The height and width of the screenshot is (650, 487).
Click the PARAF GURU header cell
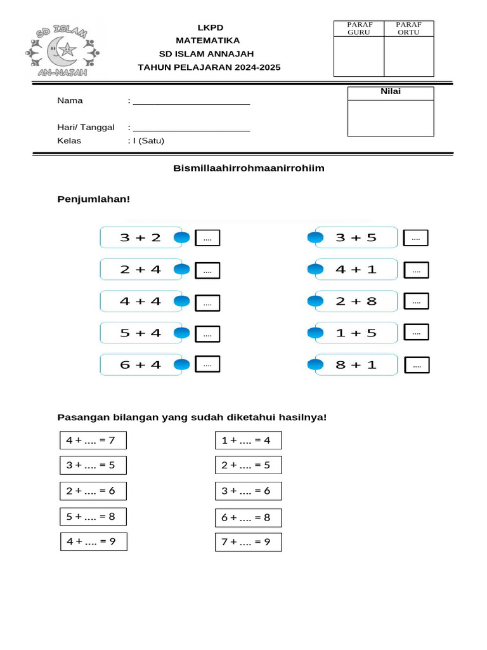[360, 29]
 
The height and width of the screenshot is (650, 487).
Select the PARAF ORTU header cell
[409, 29]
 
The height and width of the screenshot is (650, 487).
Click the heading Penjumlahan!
[93, 199]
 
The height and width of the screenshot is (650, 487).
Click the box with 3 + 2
[141, 237]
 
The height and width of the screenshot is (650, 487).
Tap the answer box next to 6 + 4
[207, 364]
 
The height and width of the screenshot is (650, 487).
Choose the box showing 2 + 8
[356, 301]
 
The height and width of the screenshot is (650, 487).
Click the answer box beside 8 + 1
[417, 366]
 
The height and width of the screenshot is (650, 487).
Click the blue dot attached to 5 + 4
[182, 333]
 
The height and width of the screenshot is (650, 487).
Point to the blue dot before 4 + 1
[315, 269]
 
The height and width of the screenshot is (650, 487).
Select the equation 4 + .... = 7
[93, 440]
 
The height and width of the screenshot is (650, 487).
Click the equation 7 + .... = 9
[248, 542]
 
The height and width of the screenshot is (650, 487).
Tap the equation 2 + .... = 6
[93, 491]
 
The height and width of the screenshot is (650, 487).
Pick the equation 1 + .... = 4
[248, 440]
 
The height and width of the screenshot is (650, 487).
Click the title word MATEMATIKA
[208, 40]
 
